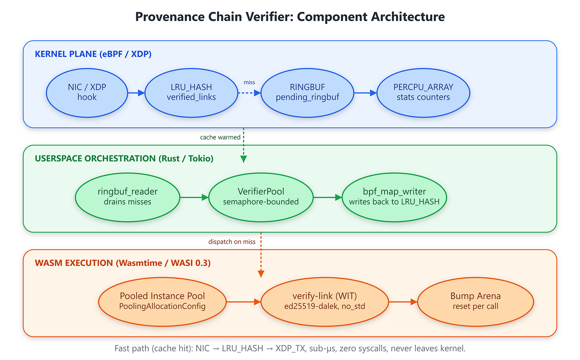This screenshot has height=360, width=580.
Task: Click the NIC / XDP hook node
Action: pyautogui.click(x=87, y=93)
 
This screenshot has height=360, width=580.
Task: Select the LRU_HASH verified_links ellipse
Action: pyautogui.click(x=191, y=93)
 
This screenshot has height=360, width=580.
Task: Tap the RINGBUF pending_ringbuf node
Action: pyautogui.click(x=308, y=93)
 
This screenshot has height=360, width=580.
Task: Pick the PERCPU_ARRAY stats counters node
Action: pyautogui.click(x=423, y=93)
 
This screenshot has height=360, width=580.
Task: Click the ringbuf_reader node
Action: pyautogui.click(x=127, y=197)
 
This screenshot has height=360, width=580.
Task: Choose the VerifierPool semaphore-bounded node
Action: pyautogui.click(x=261, y=197)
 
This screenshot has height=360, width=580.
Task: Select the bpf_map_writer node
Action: pyautogui.click(x=394, y=197)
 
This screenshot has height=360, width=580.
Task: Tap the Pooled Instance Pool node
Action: pyautogui.click(x=163, y=302)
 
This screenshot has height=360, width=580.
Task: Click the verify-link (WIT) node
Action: pyautogui.click(x=325, y=302)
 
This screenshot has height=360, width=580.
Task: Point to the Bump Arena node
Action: pyautogui.click(x=476, y=302)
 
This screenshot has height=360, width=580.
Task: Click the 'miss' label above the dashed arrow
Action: pyautogui.click(x=249, y=82)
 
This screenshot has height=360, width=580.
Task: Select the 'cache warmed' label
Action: pyautogui.click(x=220, y=138)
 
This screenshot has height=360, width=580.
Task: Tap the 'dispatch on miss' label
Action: pyautogui.click(x=232, y=242)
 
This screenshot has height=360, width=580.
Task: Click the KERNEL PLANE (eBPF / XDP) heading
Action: pyautogui.click(x=93, y=54)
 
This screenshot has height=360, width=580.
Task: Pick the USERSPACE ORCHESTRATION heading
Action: pyautogui.click(x=124, y=158)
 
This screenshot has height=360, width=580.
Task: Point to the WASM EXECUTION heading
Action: pyautogui.click(x=123, y=263)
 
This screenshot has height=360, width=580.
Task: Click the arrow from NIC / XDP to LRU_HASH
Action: pyautogui.click(x=136, y=93)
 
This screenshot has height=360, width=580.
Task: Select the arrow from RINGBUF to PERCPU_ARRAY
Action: pyautogui.click(x=365, y=93)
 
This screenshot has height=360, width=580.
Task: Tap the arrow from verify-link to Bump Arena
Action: pyautogui.click(x=403, y=302)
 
